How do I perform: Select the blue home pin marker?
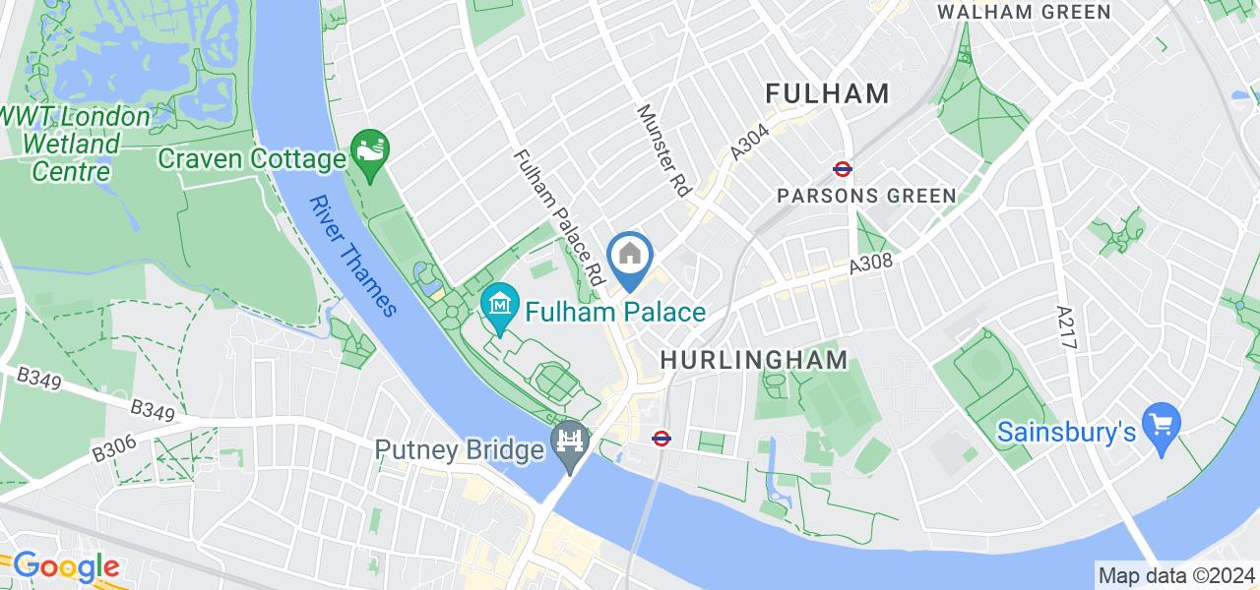coord(630,258)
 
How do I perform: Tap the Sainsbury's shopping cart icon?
coord(1162,426)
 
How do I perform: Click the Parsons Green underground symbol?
coord(842,168)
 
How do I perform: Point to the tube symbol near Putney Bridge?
coord(662,439)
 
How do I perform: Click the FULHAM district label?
coord(828,93)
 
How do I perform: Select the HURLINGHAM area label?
coord(754,360)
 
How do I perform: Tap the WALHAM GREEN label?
coord(1024,12)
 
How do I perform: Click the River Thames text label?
coord(352,256)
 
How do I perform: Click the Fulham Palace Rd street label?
coord(558,217)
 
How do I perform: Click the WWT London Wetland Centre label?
coord(74,144)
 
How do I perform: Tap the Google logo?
coord(65,567)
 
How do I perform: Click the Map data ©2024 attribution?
coord(1175,575)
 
